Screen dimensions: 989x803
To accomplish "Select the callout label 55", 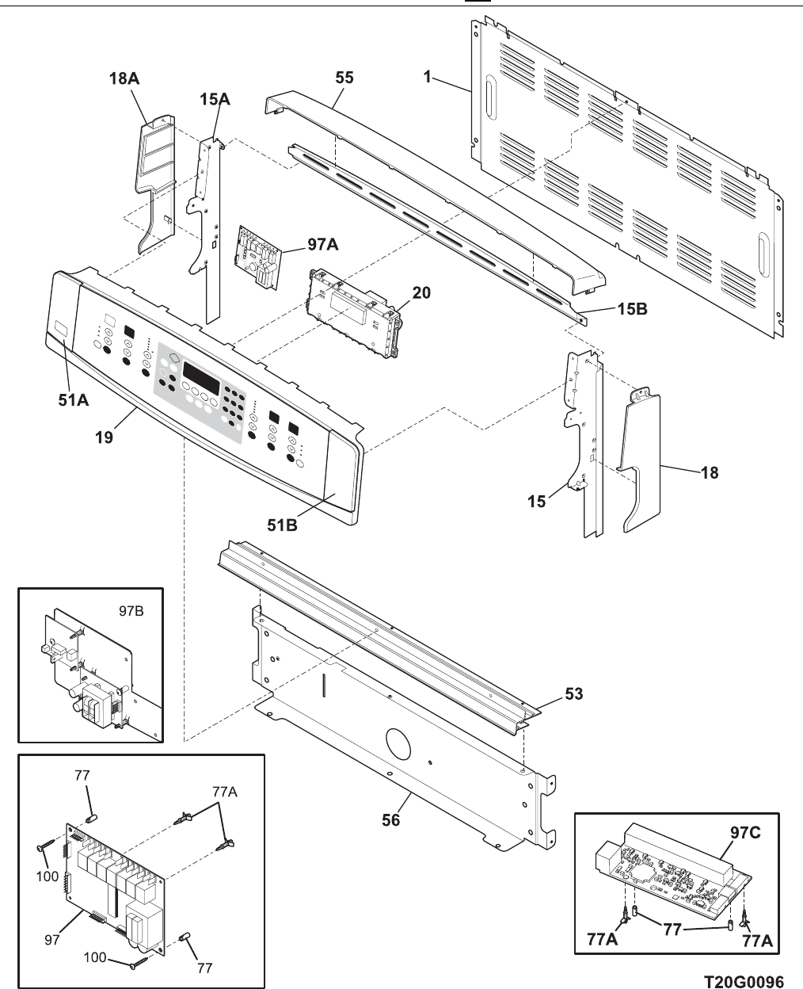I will [x=344, y=78].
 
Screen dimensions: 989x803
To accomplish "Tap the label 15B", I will [x=632, y=310].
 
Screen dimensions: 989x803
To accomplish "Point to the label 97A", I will [x=322, y=245].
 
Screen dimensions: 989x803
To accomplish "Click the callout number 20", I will [x=421, y=293].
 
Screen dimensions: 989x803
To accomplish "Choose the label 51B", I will [x=281, y=524].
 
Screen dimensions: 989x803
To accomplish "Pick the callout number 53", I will [x=573, y=694].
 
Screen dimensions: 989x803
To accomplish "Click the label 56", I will [x=391, y=820].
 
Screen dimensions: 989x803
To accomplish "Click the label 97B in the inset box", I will [x=130, y=612].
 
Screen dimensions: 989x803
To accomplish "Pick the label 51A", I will [x=72, y=402].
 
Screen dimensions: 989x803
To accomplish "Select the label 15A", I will [x=215, y=99].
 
